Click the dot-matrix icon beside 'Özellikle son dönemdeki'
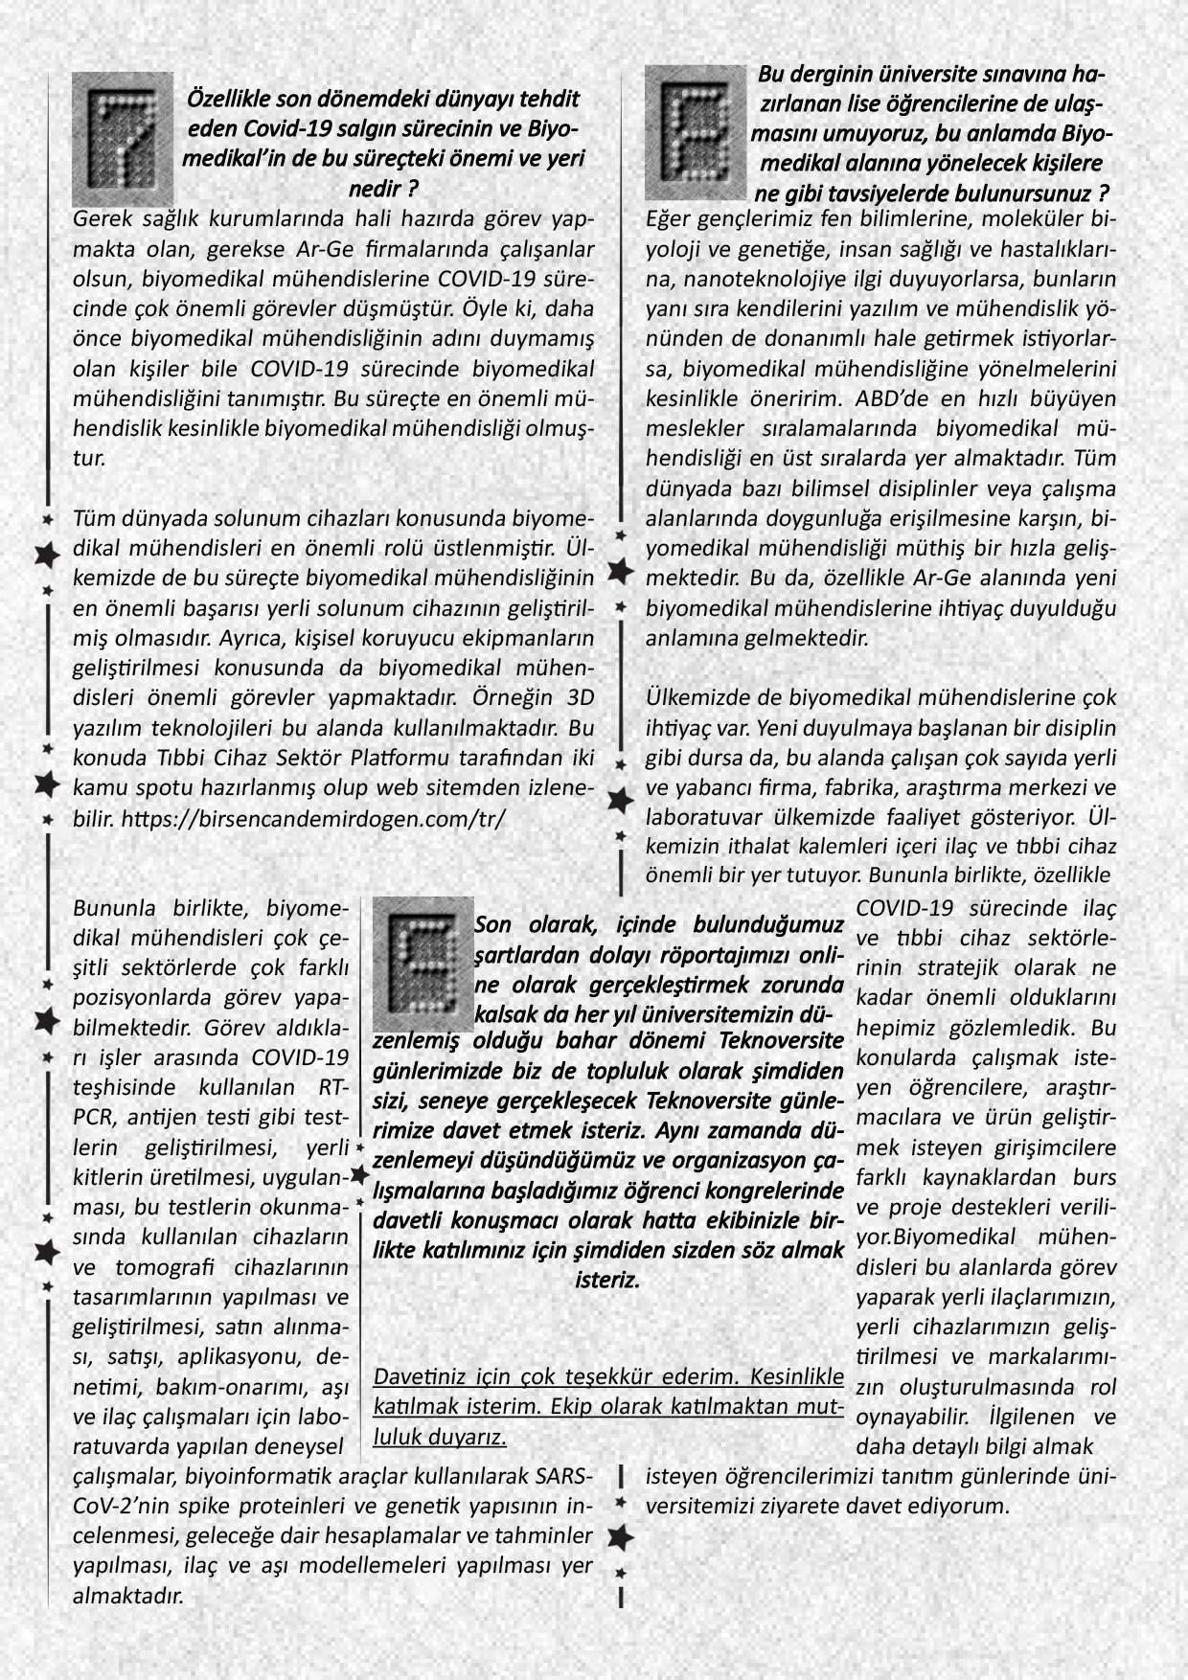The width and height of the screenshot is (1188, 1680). coord(123,138)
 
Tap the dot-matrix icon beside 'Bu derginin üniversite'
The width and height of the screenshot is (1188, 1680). coord(696,132)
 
